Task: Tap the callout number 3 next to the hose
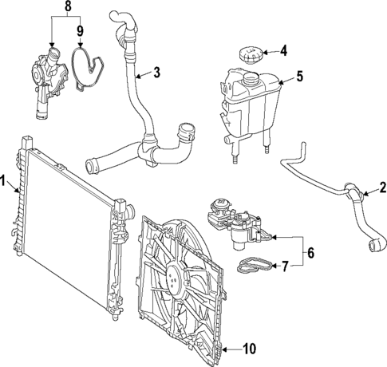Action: click(x=156, y=73)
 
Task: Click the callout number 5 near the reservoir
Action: click(x=299, y=77)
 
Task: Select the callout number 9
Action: click(x=79, y=33)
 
